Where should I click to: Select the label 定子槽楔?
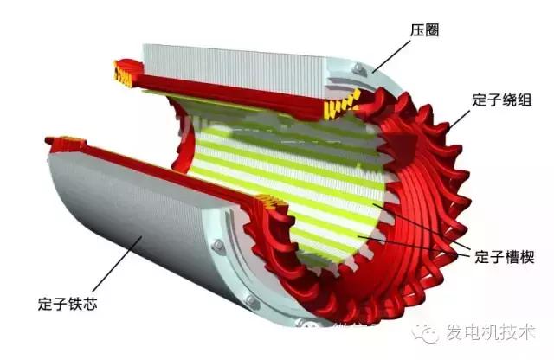(x=506, y=257)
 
